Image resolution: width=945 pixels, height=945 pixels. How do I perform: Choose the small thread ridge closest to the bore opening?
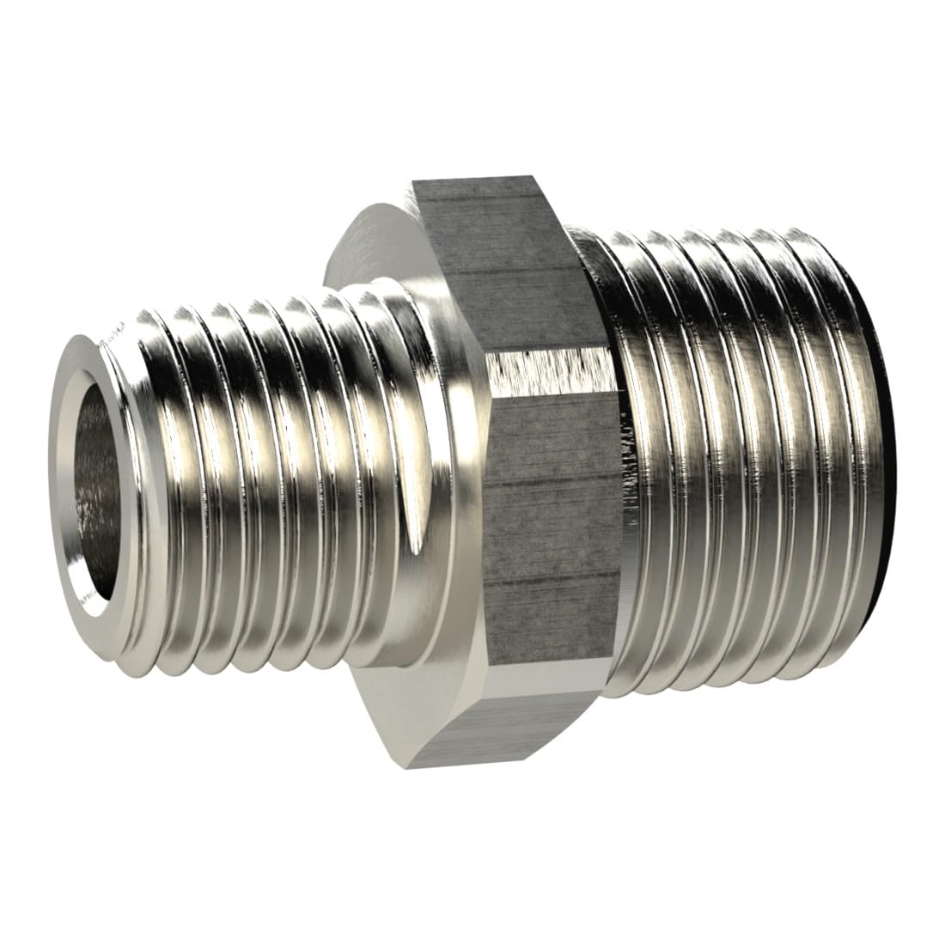coord(163,481)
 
